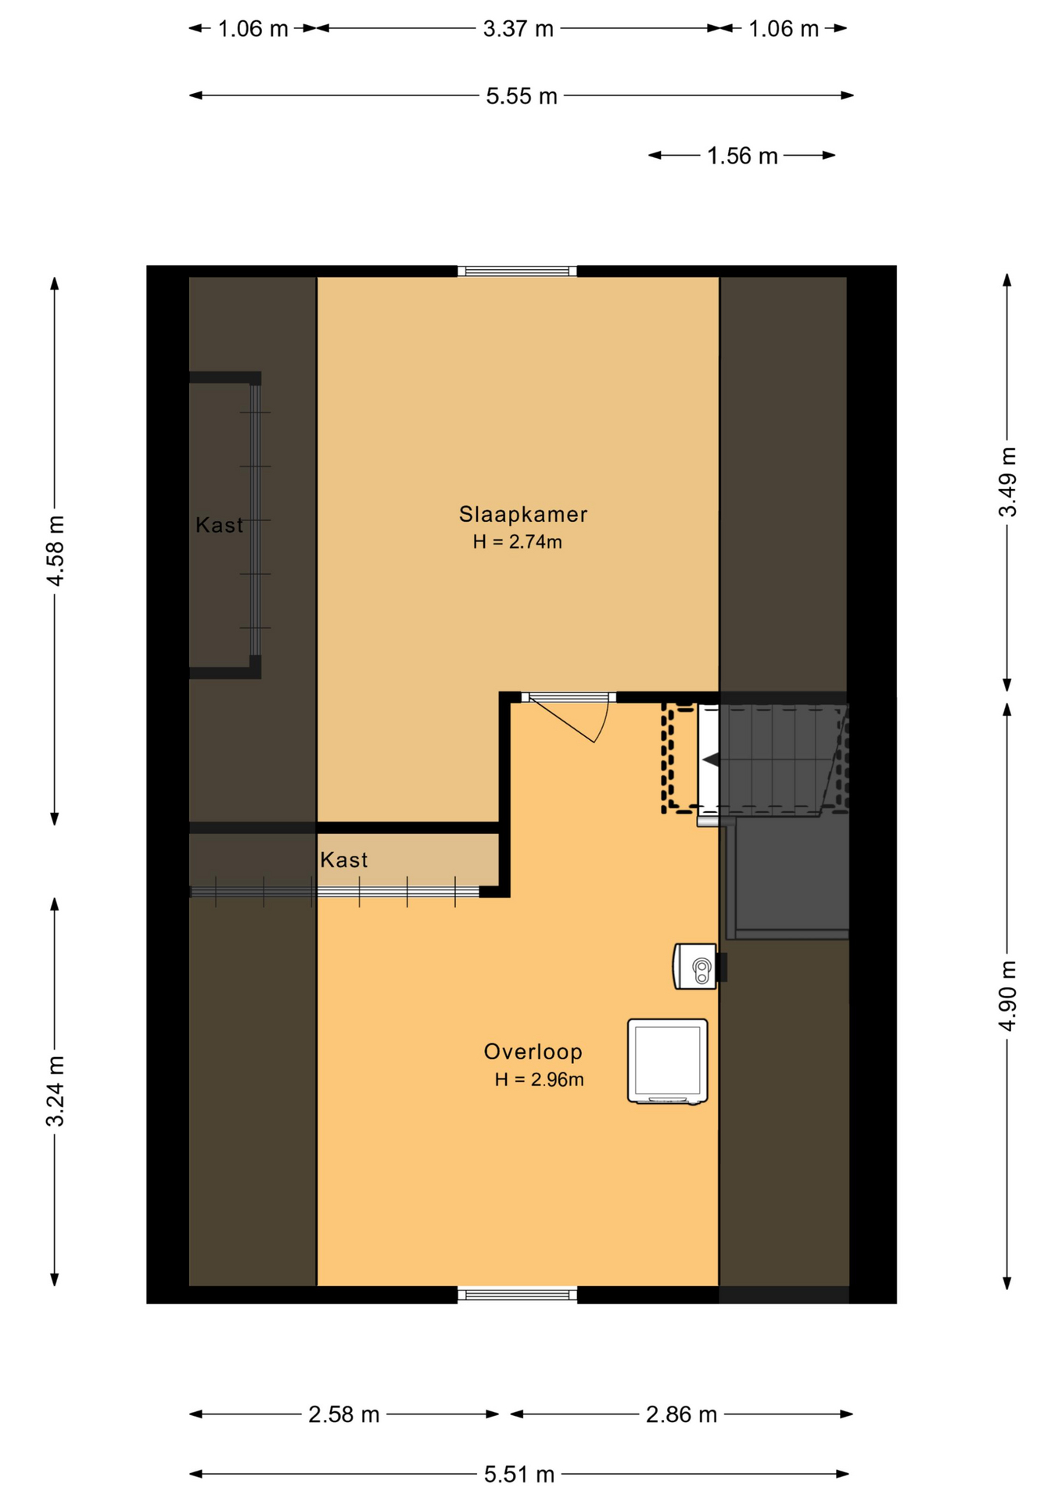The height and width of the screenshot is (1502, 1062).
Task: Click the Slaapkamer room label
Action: click(x=522, y=514)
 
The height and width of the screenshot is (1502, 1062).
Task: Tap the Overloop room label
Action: click(x=533, y=1051)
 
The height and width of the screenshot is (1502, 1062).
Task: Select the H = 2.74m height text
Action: click(x=517, y=541)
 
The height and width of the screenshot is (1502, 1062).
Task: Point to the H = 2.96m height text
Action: click(x=539, y=1080)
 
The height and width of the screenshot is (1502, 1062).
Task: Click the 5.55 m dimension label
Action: click(x=522, y=96)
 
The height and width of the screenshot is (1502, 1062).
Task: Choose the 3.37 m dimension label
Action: click(x=518, y=29)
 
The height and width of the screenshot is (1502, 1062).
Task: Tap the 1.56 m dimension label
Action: click(x=742, y=156)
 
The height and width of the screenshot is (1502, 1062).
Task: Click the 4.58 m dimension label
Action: click(x=55, y=550)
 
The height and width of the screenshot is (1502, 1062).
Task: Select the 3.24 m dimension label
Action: click(x=55, y=1091)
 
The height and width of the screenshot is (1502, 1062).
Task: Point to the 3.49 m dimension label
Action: click(x=1008, y=482)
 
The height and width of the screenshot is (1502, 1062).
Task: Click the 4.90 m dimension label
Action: click(x=1008, y=995)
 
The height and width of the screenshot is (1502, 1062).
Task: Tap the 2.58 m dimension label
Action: click(x=343, y=1414)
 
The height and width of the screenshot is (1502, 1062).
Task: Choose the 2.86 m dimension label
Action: click(x=681, y=1414)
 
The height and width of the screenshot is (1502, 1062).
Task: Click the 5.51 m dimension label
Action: click(x=519, y=1475)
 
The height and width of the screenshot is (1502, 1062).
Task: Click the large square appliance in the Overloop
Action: click(x=667, y=1062)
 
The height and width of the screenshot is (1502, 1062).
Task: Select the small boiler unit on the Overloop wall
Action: click(x=695, y=967)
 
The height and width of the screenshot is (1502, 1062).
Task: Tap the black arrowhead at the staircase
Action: click(x=710, y=759)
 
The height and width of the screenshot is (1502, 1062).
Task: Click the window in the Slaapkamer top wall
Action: click(x=517, y=271)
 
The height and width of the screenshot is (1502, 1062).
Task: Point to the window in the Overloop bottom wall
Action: click(x=517, y=1295)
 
